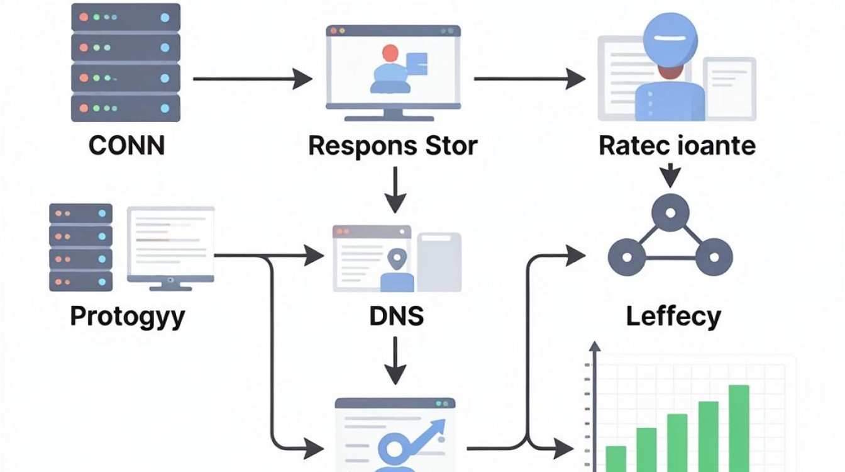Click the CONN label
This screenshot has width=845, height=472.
pyautogui.click(x=127, y=145)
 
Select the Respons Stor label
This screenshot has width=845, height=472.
pyautogui.click(x=393, y=146)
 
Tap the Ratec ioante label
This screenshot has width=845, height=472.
pyautogui.click(x=677, y=145)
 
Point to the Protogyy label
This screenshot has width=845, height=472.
pyautogui.click(x=128, y=317)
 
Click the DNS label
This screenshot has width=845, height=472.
pyautogui.click(x=397, y=316)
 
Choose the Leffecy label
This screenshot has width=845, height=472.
pyautogui.click(x=674, y=317)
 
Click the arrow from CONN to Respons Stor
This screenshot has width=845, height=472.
pyautogui.click(x=253, y=79)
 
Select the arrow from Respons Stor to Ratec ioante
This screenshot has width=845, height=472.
pyautogui.click(x=529, y=79)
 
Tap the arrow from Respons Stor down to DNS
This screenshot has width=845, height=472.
pyautogui.click(x=395, y=190)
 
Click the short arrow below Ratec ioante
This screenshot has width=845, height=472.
pyautogui.click(x=670, y=176)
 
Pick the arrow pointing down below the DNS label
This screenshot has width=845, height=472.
pyautogui.click(x=395, y=361)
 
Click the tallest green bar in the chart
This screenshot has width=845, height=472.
pyautogui.click(x=739, y=428)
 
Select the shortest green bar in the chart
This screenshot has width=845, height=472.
pyautogui.click(x=616, y=459)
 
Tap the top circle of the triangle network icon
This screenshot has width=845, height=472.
pyautogui.click(x=670, y=213)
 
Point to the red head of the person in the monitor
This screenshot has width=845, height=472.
pyautogui.click(x=390, y=53)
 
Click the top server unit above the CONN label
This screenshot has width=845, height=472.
pyautogui.click(x=126, y=18)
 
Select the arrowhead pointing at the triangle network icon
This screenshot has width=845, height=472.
pyautogui.click(x=576, y=256)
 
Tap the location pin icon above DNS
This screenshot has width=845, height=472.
pyautogui.click(x=397, y=259)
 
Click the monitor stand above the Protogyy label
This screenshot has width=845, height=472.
pyautogui.click(x=170, y=286)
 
